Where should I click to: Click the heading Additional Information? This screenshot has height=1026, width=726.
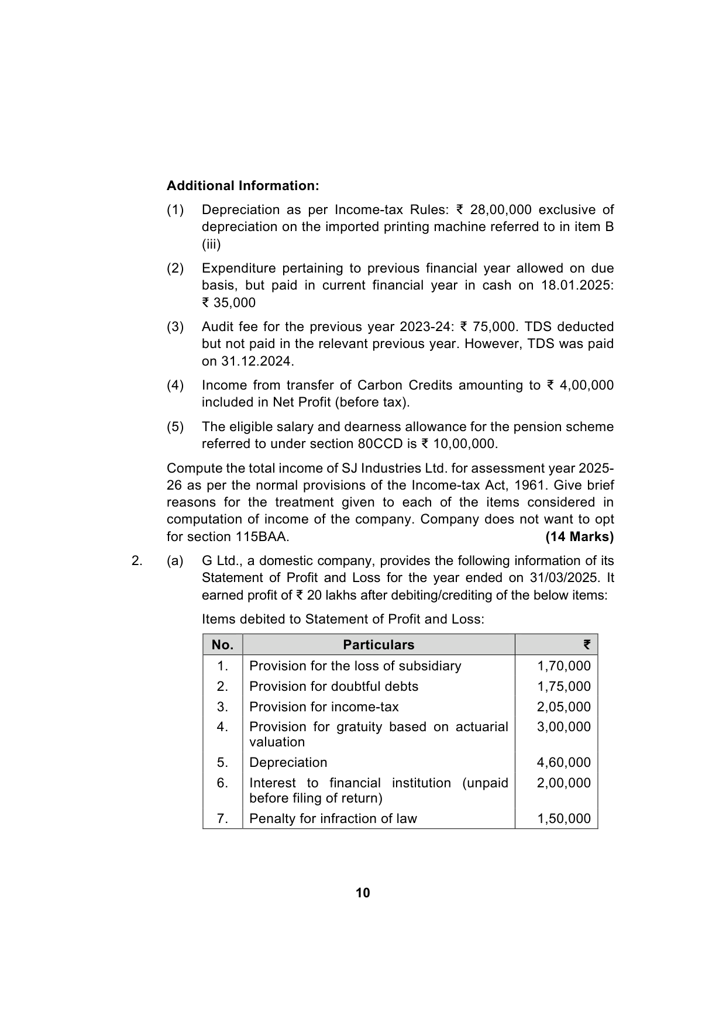coord(243,185)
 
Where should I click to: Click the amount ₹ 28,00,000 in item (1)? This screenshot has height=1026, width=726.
coord(493,209)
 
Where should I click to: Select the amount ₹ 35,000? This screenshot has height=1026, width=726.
coord(229,302)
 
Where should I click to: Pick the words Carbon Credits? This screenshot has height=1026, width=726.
coord(404,385)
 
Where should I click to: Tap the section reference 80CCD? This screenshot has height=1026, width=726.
coord(380,443)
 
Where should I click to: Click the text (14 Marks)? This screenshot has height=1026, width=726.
coord(579,536)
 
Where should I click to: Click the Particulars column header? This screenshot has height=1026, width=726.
coord(379,645)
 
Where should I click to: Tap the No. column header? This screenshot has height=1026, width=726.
coord(222,645)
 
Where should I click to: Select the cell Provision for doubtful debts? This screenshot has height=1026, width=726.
coord(333,686)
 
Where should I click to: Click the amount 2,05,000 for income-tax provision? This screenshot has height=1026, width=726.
coord(564,707)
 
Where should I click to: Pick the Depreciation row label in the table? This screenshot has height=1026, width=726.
coord(288,762)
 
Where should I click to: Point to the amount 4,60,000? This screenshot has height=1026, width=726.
coord(564,762)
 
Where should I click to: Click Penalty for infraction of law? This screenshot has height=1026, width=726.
coord(333,818)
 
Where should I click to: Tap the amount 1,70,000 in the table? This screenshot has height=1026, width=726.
coord(564,666)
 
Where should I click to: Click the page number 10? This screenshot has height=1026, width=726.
coord(363,893)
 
